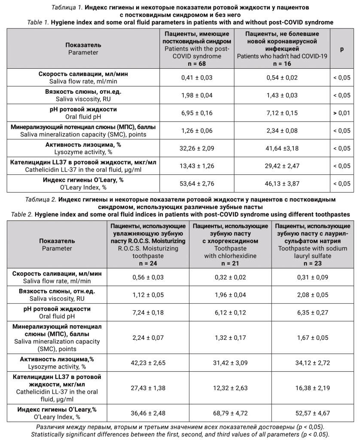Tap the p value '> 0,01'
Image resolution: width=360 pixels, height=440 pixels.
(x=342, y=113)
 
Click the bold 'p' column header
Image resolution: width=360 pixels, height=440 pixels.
(x=342, y=49)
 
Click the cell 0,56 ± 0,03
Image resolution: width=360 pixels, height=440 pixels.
(x=148, y=277)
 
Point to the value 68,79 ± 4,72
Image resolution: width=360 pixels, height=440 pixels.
(x=232, y=413)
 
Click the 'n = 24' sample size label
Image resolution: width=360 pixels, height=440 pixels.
(x=148, y=263)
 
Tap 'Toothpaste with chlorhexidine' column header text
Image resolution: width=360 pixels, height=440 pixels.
(x=232, y=252)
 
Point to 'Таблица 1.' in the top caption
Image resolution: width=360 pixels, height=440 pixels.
(x=67, y=8)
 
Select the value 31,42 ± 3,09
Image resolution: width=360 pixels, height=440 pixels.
(x=232, y=363)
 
